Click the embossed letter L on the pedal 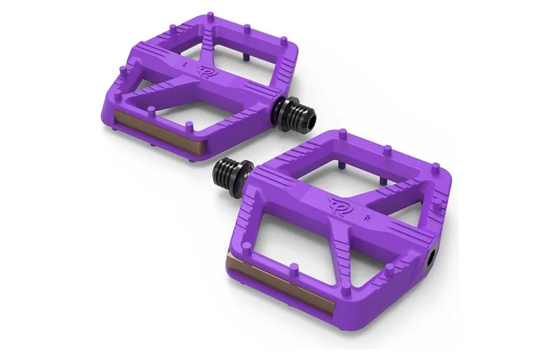194,64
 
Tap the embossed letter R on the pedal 366,218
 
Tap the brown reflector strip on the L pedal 160,133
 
